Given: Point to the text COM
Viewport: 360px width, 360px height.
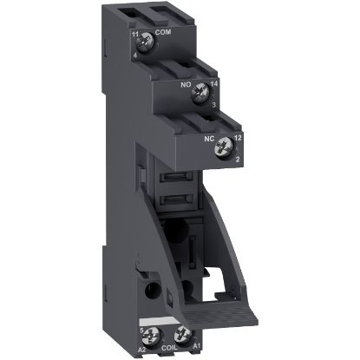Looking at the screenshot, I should (x=161, y=36).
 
